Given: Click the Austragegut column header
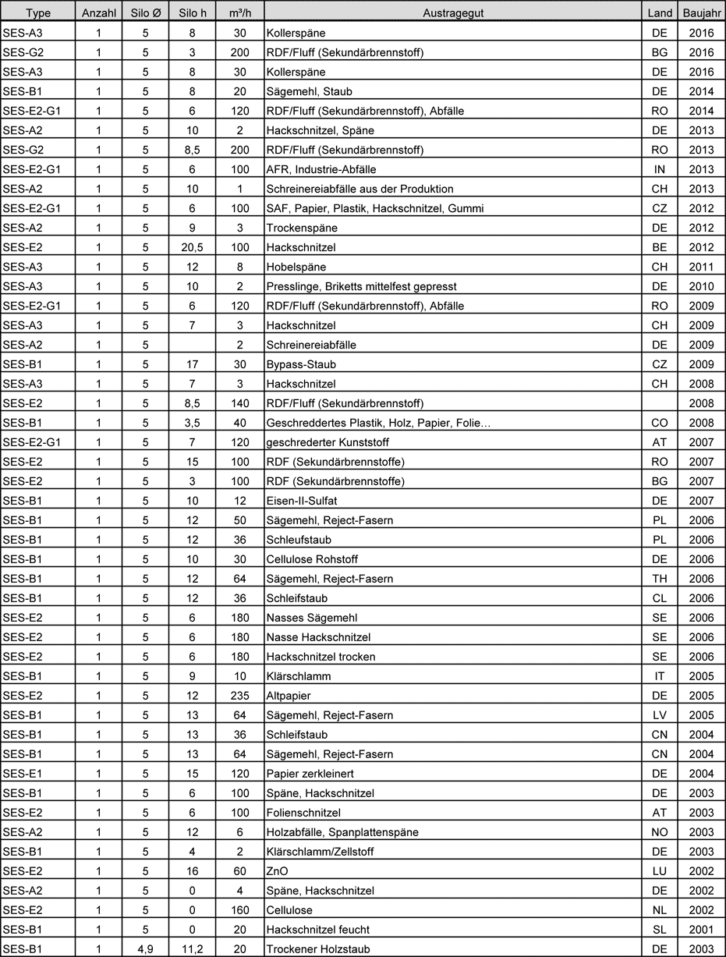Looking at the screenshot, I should (452, 13).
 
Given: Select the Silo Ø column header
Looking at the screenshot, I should (146, 13).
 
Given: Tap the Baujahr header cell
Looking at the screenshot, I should (702, 13).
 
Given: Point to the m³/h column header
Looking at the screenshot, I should (240, 13).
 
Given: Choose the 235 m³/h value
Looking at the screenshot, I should (240, 696).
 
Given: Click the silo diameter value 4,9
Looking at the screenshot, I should (146, 949).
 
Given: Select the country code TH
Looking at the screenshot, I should (659, 579).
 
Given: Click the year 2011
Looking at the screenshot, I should (702, 267).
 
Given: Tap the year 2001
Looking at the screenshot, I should (702, 930).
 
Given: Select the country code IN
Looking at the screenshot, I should (659, 169).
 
